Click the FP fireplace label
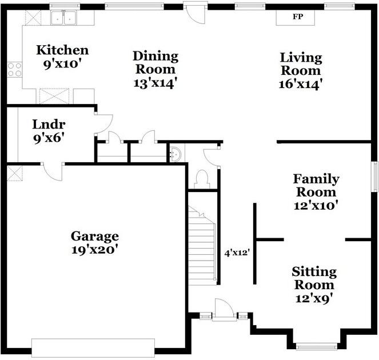[x=298, y=17]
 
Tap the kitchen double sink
[x=63, y=18]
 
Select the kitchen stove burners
[x=14, y=70]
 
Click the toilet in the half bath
[x=202, y=179]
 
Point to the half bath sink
[x=175, y=154]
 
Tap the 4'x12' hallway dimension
[x=237, y=253]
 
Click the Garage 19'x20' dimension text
[x=95, y=250]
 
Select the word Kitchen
[x=62, y=50]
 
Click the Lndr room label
[x=49, y=125]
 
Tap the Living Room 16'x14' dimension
[x=301, y=85]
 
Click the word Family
[x=316, y=179]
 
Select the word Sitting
[x=314, y=272]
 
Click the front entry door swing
[x=224, y=309]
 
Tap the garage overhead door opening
[x=93, y=348]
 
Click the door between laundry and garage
[x=53, y=171]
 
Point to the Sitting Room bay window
[x=316, y=347]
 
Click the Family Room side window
[x=375, y=177]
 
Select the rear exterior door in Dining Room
[x=196, y=13]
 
